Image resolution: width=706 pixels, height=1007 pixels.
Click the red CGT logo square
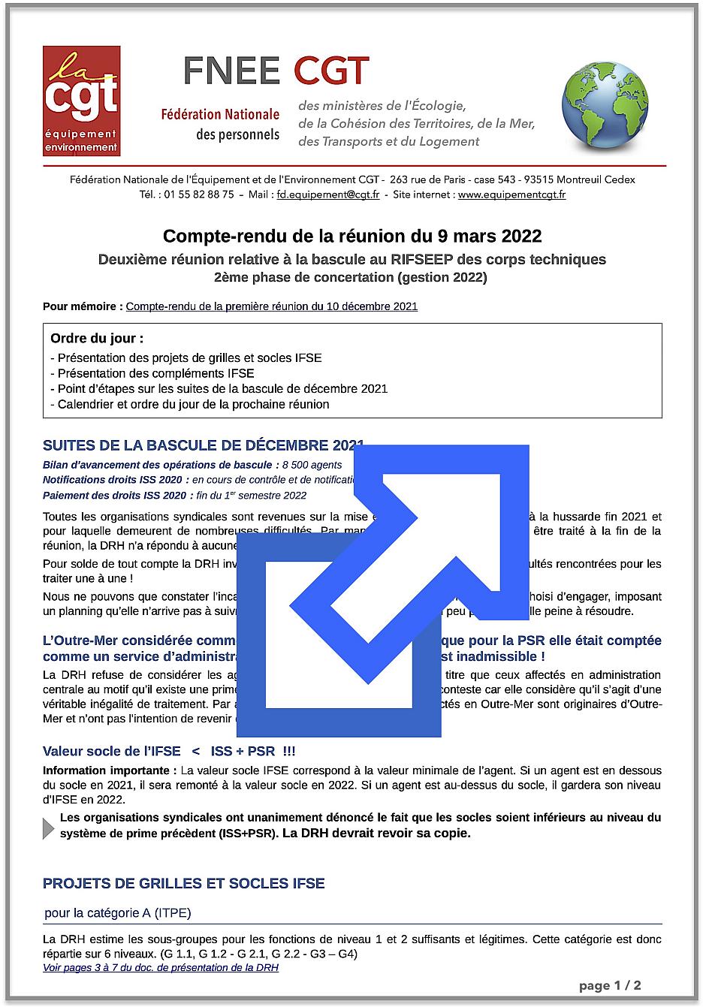pos(81,101)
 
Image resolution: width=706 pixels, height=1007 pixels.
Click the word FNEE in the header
pos(232,71)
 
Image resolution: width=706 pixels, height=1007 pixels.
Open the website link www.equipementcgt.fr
pos(511,194)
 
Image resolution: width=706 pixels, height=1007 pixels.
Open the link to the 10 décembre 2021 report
pos(271,306)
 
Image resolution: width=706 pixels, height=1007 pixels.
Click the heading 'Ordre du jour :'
pos(97,339)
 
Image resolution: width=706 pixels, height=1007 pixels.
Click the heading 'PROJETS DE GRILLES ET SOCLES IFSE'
pos(184,883)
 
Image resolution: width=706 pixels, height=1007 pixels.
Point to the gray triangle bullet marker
pos(49,828)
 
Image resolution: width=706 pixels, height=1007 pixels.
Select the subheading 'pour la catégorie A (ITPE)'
pos(118,913)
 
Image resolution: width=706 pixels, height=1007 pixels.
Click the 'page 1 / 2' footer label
pos(610,986)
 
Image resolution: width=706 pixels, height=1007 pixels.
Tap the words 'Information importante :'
pos(110,770)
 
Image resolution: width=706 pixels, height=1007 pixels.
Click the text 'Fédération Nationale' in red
pos(220,115)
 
